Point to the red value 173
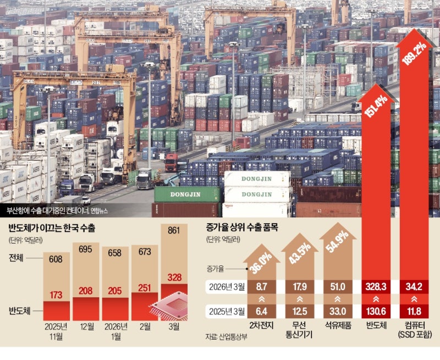[x=55, y=294]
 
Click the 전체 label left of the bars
[x=19, y=258]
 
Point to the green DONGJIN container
[x=187, y=194]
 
